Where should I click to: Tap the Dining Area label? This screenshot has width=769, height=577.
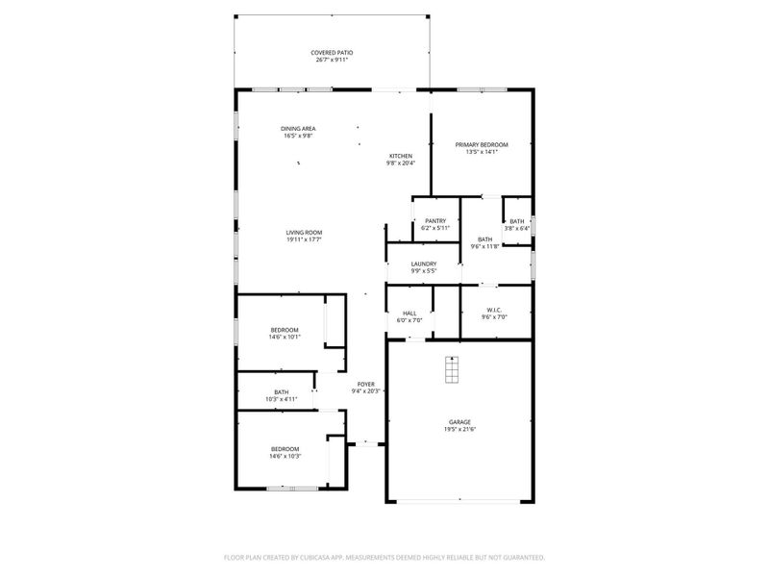(298, 129)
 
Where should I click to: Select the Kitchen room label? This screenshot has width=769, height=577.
(400, 156)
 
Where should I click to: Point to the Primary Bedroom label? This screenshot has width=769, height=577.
(482, 144)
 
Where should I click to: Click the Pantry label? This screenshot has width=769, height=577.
(434, 220)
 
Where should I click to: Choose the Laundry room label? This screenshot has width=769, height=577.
(424, 263)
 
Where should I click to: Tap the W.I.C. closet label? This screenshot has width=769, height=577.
(496, 310)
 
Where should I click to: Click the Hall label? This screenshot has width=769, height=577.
(409, 313)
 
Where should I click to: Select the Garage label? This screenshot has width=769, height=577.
(459, 421)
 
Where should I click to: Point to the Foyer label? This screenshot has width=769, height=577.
(365, 384)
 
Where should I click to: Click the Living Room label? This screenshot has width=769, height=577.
(303, 233)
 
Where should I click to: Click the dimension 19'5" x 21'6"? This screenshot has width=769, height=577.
(459, 429)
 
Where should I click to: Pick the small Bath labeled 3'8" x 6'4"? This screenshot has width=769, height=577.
(517, 221)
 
